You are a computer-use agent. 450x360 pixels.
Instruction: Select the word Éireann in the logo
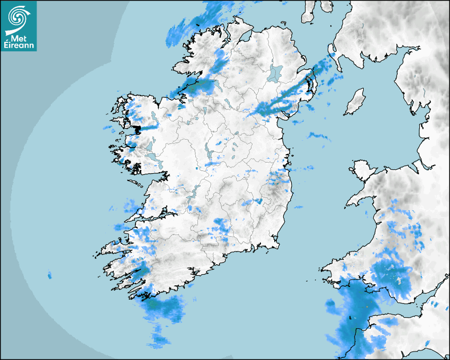[x=19, y=46]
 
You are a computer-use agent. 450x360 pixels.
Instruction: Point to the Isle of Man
[x=355, y=102]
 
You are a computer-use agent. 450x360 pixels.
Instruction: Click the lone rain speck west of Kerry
[x=50, y=275]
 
